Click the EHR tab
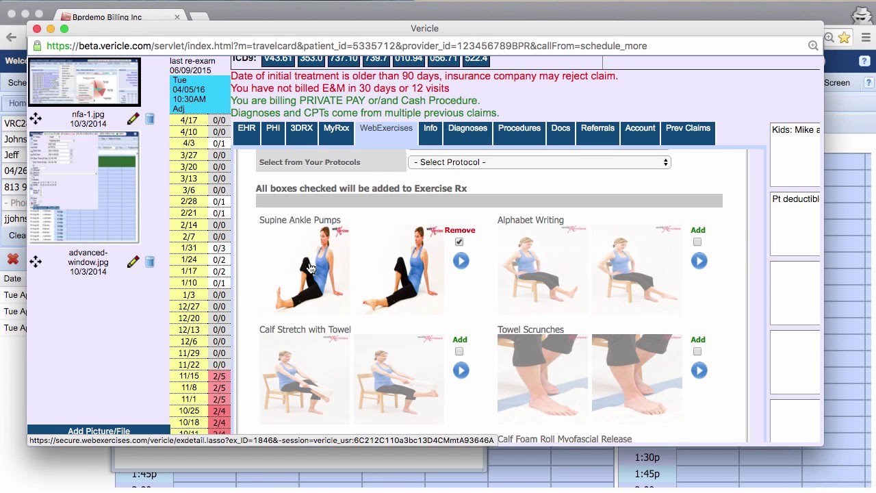point(246,129)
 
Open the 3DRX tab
point(301,129)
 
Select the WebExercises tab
point(386,129)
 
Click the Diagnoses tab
point(467,129)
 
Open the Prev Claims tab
point(688,129)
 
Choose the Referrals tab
point(597,129)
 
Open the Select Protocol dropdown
point(539,162)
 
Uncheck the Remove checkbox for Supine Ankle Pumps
point(459,242)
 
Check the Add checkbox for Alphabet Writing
point(697,242)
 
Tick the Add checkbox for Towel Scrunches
point(697,351)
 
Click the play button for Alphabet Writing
point(699,261)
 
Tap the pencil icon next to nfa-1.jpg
point(133,119)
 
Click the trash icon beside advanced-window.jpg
point(150,262)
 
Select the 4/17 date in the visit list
point(188,121)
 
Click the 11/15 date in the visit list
point(188,377)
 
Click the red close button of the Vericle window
point(37,29)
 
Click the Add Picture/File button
point(99,431)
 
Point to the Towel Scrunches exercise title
point(530,330)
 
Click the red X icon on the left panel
point(12,260)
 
